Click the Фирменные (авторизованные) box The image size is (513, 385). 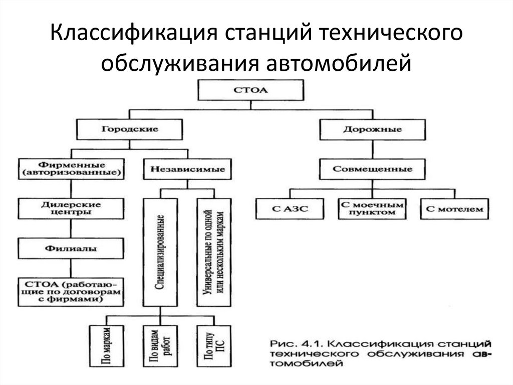coord(70,169)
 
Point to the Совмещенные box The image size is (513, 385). coord(372,169)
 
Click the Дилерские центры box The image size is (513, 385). coord(70,208)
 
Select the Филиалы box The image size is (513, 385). coord(70,248)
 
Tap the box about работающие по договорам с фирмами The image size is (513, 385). coord(70,291)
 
